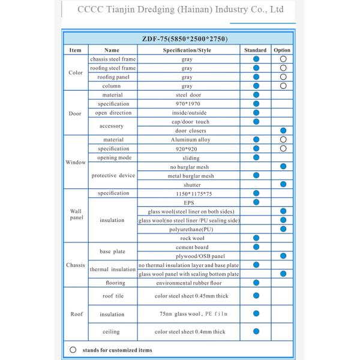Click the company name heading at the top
coord(181,10)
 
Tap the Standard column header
coord(256,50)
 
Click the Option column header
coord(282,50)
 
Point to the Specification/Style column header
coord(187,50)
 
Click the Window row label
coord(76,162)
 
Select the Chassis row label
coord(76,265)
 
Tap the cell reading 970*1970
coord(187,104)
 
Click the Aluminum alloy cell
coord(187,139)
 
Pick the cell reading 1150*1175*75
coord(187,193)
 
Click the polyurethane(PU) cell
coord(187,229)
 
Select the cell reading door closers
coord(187,130)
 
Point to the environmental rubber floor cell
coord(187,283)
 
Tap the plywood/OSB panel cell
coord(187,256)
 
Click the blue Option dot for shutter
coord(283,184)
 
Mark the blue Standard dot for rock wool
coord(256,238)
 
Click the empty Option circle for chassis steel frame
coord(283,59)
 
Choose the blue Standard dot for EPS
coord(256,202)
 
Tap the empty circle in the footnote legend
coord(73,350)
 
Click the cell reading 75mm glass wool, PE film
coord(187,314)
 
